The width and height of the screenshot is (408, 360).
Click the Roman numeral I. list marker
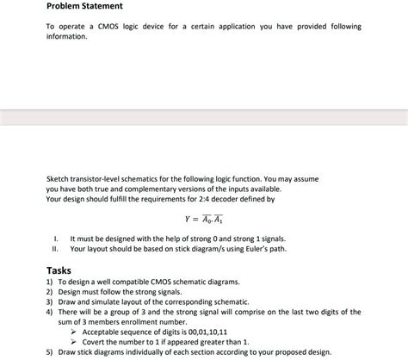click(55, 239)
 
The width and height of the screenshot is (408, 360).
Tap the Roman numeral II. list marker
click(54, 248)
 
